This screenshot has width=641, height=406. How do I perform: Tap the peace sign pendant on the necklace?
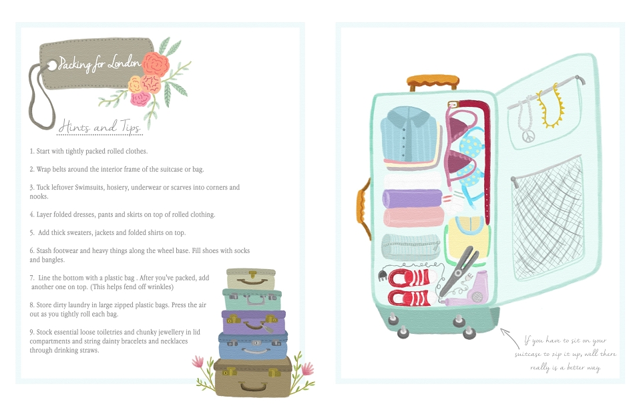pyautogui.click(x=528, y=136)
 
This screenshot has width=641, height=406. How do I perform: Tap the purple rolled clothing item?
pyautogui.click(x=413, y=198)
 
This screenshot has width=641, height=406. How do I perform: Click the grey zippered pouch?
pyautogui.click(x=411, y=246)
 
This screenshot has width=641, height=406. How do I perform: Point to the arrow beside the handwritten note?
pyautogui.click(x=509, y=338)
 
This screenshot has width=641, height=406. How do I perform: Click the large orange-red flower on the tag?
pyautogui.click(x=156, y=63)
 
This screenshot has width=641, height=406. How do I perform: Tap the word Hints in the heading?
pyautogui.click(x=74, y=126)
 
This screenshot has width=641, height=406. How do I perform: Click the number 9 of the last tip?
pyautogui.click(x=31, y=332)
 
